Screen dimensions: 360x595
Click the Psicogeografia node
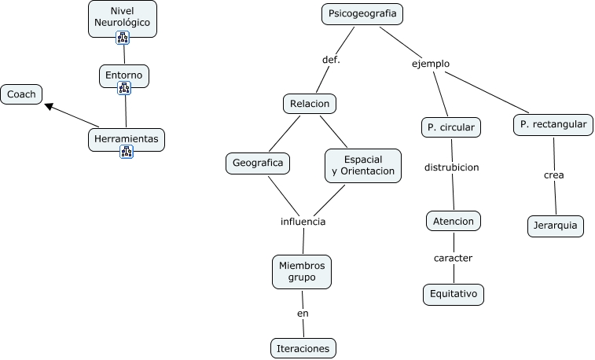(362, 14)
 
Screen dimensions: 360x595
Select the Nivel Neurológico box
(122, 17)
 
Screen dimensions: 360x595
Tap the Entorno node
(124, 75)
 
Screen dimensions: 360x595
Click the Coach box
(21, 95)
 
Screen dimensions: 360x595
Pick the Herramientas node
(127, 139)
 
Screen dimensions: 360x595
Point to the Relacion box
(309, 104)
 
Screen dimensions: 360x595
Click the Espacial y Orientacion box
(362, 165)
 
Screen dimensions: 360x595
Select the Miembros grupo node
(302, 271)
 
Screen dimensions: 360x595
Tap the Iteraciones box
(303, 348)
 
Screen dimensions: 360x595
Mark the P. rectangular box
(553, 124)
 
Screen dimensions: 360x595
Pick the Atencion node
(454, 222)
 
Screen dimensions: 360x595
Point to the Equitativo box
(453, 295)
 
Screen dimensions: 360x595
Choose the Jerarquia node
(556, 226)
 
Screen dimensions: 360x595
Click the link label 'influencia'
(303, 222)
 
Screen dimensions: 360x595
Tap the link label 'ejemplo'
(431, 64)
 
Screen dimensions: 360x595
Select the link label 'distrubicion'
(451, 167)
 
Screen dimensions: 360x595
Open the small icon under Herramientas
(127, 152)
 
